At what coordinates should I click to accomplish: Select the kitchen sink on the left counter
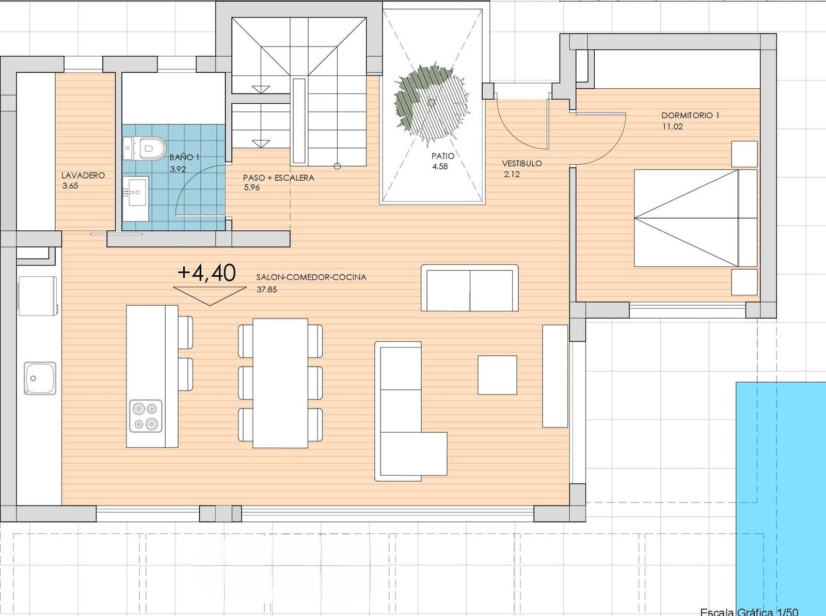40,378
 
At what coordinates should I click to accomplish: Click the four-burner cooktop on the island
145,416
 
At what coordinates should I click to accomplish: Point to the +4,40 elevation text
206,273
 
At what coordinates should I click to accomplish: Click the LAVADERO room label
83,176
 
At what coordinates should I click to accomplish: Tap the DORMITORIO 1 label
690,116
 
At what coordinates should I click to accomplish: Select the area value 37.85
267,290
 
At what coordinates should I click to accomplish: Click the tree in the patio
431,102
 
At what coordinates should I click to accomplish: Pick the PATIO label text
443,156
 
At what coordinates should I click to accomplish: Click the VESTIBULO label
522,163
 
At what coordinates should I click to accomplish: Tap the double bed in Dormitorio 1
695,218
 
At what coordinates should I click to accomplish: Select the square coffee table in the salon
497,375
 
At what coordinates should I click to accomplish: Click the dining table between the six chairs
280,383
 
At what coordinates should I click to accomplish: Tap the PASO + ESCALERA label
278,178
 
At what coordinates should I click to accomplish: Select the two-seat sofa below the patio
469,288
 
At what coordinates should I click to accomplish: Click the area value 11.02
672,127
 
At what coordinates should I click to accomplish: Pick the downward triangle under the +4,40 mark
210,295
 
